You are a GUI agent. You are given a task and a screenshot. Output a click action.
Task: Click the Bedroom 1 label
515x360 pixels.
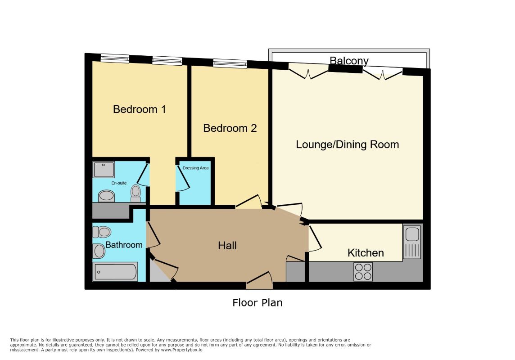[x=139, y=109]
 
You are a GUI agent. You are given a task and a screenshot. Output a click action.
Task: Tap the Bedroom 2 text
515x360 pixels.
[x=230, y=128]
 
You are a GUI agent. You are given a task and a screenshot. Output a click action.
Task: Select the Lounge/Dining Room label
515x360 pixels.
[x=348, y=144]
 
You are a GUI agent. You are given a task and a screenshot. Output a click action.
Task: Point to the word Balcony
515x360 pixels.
[x=349, y=61]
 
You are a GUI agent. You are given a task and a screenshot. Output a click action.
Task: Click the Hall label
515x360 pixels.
[x=227, y=245]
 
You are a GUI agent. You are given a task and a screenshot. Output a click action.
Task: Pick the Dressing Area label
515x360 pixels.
[x=195, y=168]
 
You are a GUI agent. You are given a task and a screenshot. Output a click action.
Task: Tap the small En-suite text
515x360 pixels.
[x=119, y=183]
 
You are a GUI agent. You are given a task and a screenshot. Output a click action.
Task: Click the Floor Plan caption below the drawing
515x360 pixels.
[x=257, y=302]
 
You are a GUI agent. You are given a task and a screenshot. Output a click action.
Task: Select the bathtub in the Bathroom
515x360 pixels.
[x=115, y=272]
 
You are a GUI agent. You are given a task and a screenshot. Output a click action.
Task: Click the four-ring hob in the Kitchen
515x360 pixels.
[x=363, y=272]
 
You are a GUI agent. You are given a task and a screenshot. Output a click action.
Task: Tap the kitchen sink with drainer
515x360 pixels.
[x=412, y=242]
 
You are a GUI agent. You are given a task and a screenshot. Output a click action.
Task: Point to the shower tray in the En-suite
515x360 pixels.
[x=104, y=169]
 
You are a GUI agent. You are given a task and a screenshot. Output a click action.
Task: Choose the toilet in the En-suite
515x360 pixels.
[x=136, y=193]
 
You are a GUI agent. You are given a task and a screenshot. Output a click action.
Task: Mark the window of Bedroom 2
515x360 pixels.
[x=230, y=63]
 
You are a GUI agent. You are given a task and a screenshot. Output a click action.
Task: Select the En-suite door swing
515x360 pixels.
[x=143, y=175]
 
